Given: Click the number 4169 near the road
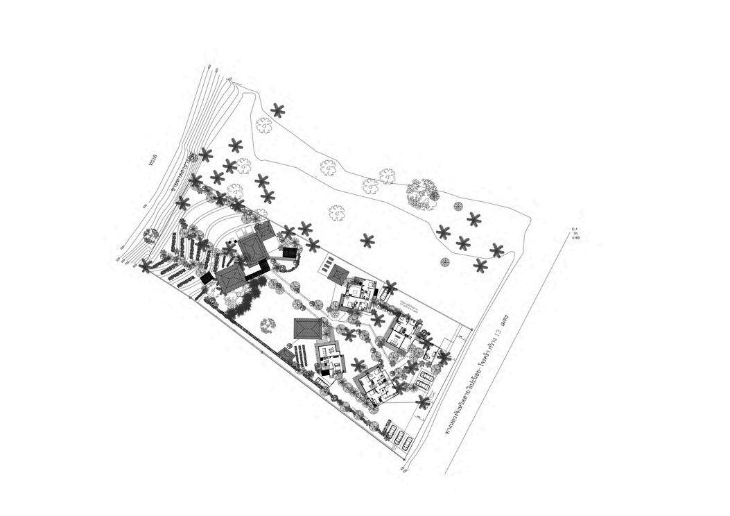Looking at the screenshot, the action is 576,238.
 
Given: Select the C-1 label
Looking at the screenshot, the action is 575,228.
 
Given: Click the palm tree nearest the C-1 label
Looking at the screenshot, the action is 497,250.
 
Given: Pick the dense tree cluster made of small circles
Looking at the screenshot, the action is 423,193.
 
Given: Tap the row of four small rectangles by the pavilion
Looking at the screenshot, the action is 327,264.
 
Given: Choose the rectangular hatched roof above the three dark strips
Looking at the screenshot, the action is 306,328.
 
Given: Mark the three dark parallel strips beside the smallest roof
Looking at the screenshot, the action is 301,356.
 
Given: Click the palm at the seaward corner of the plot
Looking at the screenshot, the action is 146,266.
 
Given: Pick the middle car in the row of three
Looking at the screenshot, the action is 399,437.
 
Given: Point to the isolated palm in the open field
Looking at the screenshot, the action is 367,241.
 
